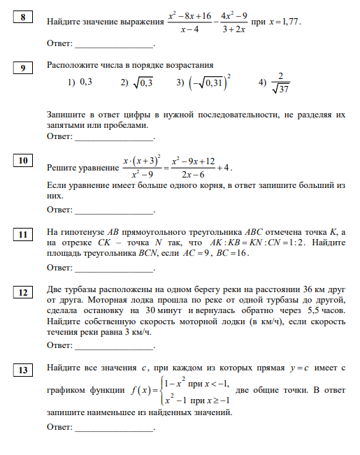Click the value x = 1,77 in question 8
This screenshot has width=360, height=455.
click(284, 22)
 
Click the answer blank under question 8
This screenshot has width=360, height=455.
click(114, 44)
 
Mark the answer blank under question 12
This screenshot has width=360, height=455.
click(114, 346)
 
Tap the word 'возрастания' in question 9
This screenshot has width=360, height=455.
click(190, 65)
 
